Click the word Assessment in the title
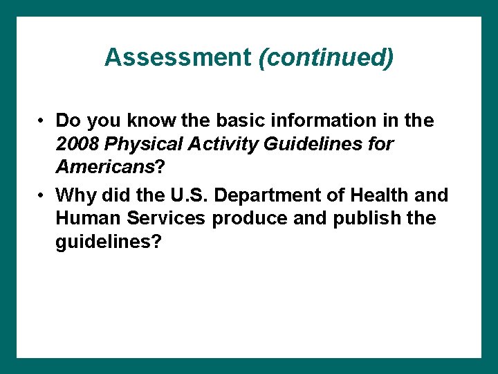pyautogui.click(x=178, y=57)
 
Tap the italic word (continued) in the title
pyautogui.click(x=326, y=57)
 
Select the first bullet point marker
pyautogui.click(x=42, y=121)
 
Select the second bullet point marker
pyautogui.click(x=42, y=196)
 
